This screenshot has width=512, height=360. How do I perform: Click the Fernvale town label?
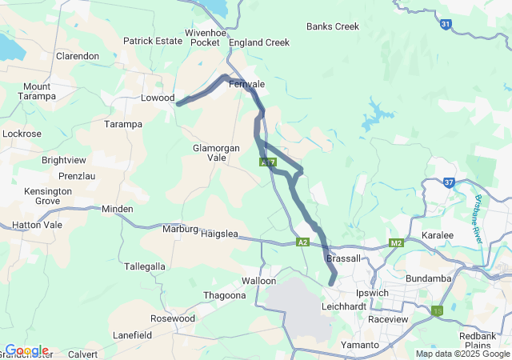point(246,84)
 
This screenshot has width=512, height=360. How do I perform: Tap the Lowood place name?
point(158,98)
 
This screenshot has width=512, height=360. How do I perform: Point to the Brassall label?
point(344,258)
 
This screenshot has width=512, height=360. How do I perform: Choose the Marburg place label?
point(180,229)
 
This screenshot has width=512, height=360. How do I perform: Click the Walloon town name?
point(259,281)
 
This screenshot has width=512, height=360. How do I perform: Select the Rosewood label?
point(173,318)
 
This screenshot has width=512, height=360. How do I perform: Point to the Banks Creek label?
point(333,26)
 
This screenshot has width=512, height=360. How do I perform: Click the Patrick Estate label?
point(153,41)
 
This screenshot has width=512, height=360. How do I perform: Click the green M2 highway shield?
point(397,242)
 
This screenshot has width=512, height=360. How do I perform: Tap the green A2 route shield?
point(302,242)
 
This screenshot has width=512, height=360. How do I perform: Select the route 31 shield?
point(446,25)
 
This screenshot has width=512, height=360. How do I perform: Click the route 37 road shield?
point(450,182)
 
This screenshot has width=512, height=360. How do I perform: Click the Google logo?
point(26,350)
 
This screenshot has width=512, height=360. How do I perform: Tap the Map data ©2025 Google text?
point(462,354)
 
